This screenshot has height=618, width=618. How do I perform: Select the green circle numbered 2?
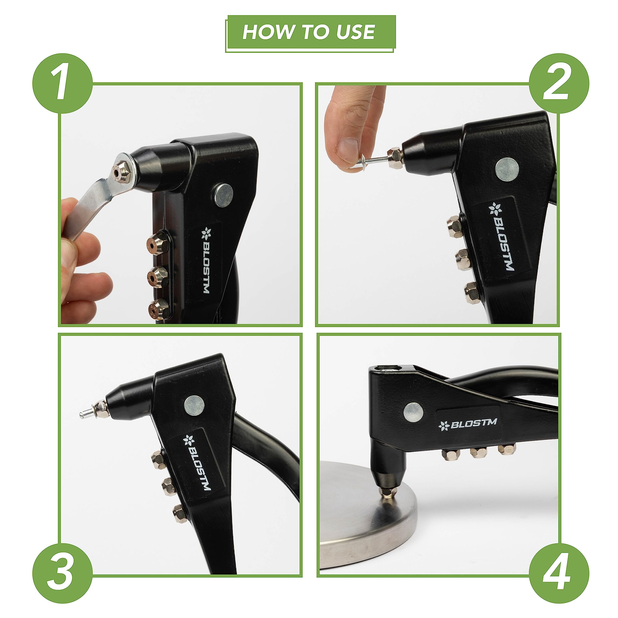559,83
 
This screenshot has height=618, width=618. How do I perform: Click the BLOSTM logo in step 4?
468,424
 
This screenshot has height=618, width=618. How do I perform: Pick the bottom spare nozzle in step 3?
179,514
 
